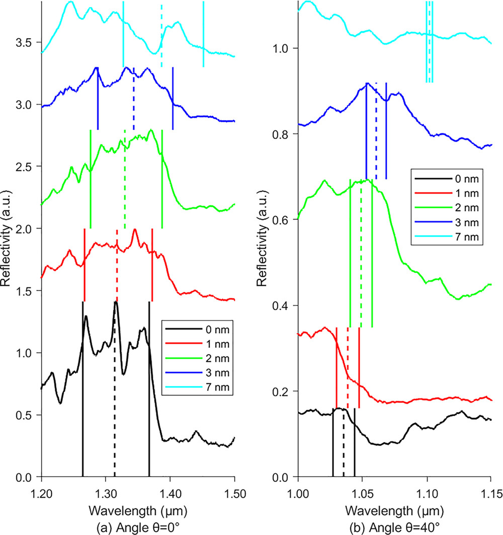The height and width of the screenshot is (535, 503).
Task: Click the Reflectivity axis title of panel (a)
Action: click(7, 239)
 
